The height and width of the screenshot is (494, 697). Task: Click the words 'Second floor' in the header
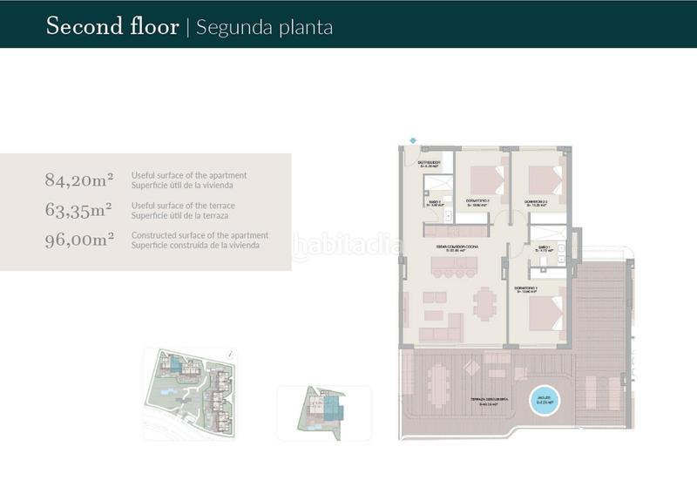click(112, 26)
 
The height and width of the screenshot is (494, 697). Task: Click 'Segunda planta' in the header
click(265, 26)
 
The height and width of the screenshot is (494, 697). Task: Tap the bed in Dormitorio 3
click(484, 179)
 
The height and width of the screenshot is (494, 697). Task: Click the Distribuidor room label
click(429, 163)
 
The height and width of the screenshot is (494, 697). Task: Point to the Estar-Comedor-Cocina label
click(458, 247)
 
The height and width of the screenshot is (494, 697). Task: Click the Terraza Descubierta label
click(490, 402)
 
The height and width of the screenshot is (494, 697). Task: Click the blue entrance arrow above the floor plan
click(413, 139)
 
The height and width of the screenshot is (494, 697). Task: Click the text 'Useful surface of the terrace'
click(183, 206)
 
